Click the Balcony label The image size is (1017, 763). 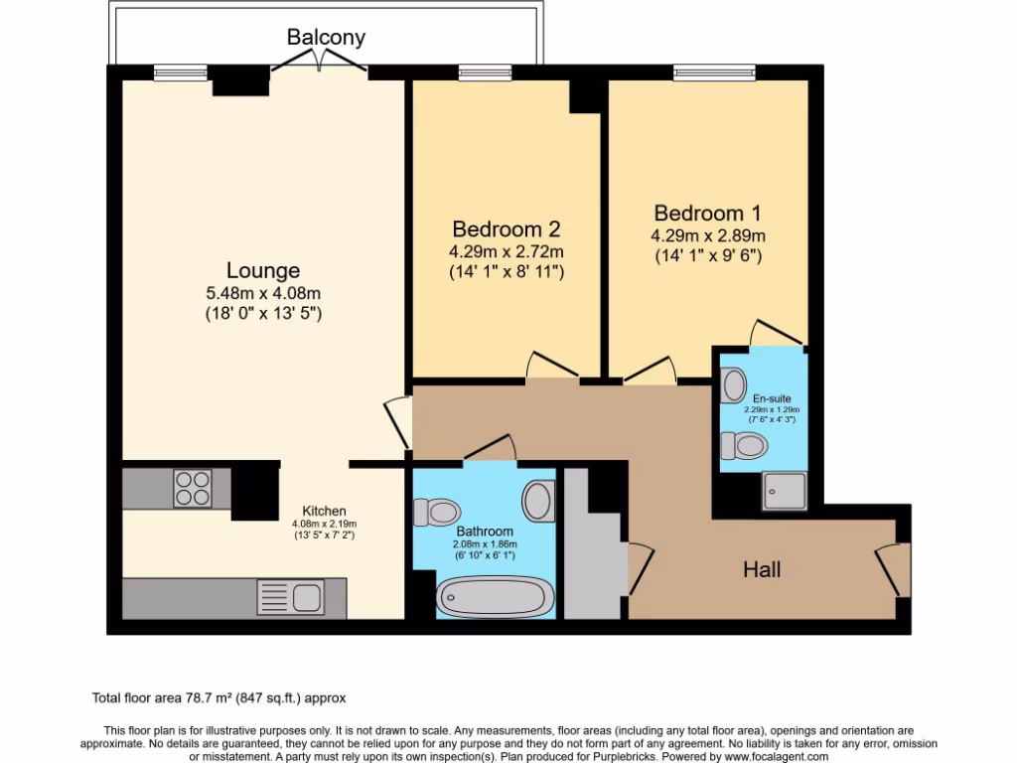point(326,38)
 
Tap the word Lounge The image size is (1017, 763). point(263,270)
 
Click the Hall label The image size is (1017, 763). point(762,569)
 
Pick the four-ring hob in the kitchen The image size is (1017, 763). point(193,487)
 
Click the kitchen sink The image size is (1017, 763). point(289,598)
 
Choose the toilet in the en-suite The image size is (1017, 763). point(742,445)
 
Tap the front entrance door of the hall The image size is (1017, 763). point(894,569)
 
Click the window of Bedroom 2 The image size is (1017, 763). point(485,72)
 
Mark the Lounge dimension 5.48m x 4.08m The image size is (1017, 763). point(263,293)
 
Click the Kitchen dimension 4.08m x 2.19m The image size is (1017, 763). point(324,524)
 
